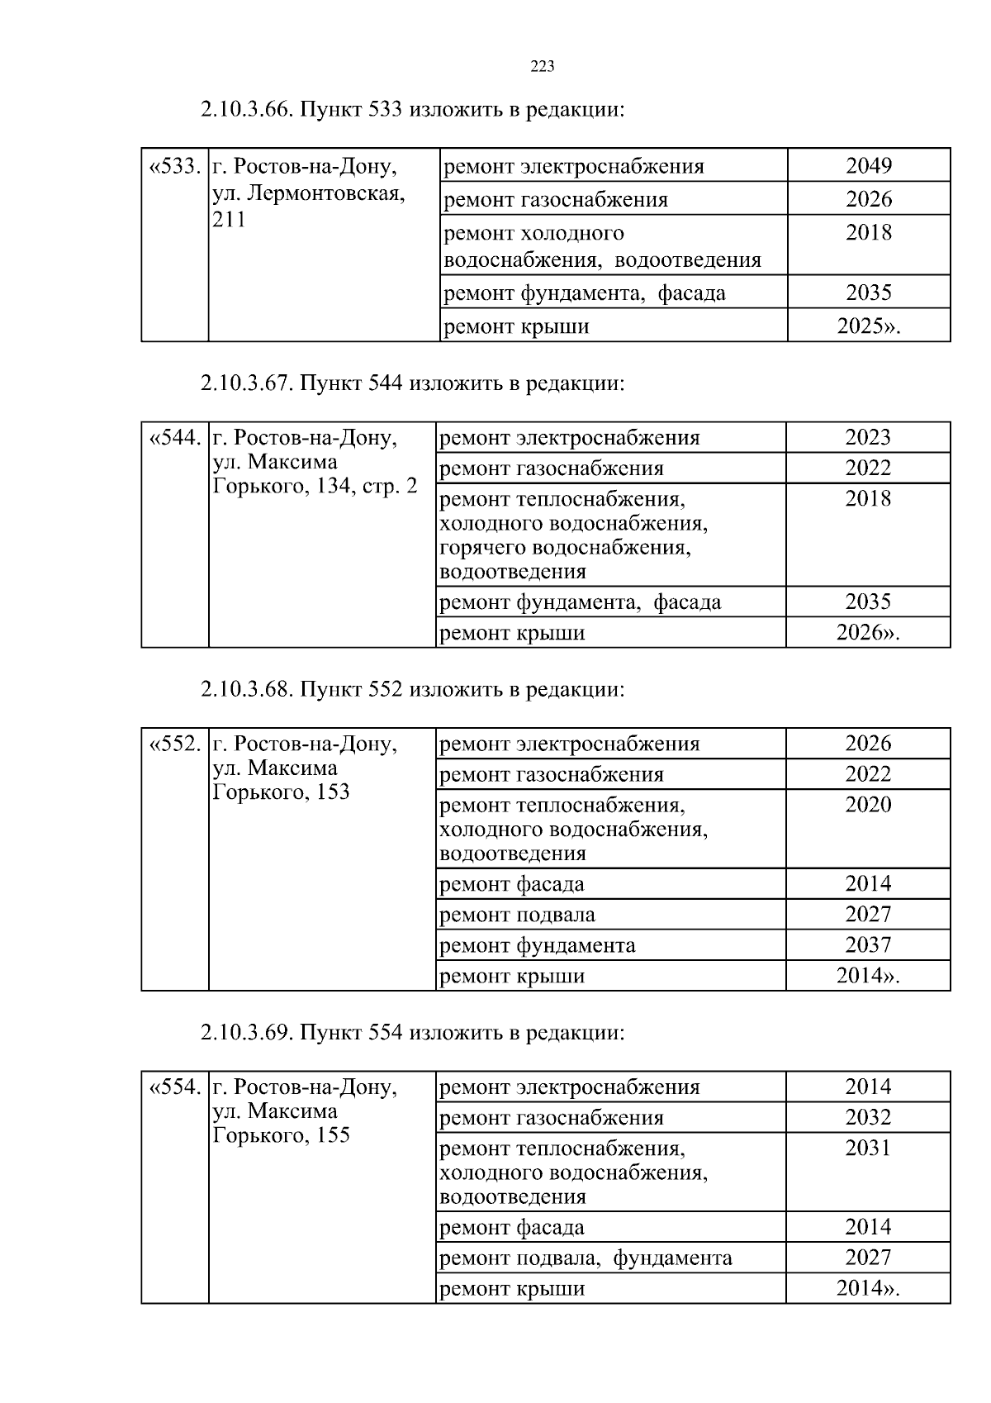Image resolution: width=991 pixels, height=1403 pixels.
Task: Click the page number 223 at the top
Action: pyautogui.click(x=542, y=67)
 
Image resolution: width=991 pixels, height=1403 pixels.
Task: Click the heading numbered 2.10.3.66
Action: pyautogui.click(x=411, y=109)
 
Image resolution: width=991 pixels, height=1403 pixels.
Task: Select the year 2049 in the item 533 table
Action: pyautogui.click(x=868, y=166)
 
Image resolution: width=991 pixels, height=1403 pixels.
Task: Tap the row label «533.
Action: pyautogui.click(x=174, y=167)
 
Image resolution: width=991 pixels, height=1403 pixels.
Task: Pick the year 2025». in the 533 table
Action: pyautogui.click(x=868, y=326)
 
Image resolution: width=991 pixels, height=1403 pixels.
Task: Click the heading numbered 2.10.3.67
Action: pyautogui.click(x=411, y=383)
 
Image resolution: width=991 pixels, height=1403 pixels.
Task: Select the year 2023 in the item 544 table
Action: pyautogui.click(x=868, y=437)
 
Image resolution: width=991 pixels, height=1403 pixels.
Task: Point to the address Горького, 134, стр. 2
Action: pyautogui.click(x=315, y=486)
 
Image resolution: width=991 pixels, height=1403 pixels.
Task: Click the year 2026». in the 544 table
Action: pyautogui.click(x=867, y=633)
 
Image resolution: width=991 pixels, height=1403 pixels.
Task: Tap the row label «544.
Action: pyautogui.click(x=174, y=438)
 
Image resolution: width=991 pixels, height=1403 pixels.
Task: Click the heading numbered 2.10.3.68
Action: pyautogui.click(x=411, y=689)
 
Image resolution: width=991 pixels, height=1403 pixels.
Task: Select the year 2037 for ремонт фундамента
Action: pyautogui.click(x=868, y=945)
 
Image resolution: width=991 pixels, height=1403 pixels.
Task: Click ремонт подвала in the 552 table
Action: pyautogui.click(x=517, y=915)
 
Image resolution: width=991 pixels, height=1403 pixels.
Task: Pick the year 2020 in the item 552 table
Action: pyautogui.click(x=868, y=805)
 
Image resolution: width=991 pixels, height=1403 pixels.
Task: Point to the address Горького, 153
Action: pyautogui.click(x=281, y=792)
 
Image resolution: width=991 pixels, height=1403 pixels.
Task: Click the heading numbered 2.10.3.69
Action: pyautogui.click(x=411, y=1033)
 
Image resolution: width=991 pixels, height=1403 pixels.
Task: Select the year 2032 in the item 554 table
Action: pyautogui.click(x=868, y=1118)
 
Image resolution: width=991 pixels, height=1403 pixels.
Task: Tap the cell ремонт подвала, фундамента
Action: pyautogui.click(x=586, y=1258)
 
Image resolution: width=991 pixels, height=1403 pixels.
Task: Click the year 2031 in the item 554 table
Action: pyautogui.click(x=868, y=1149)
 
